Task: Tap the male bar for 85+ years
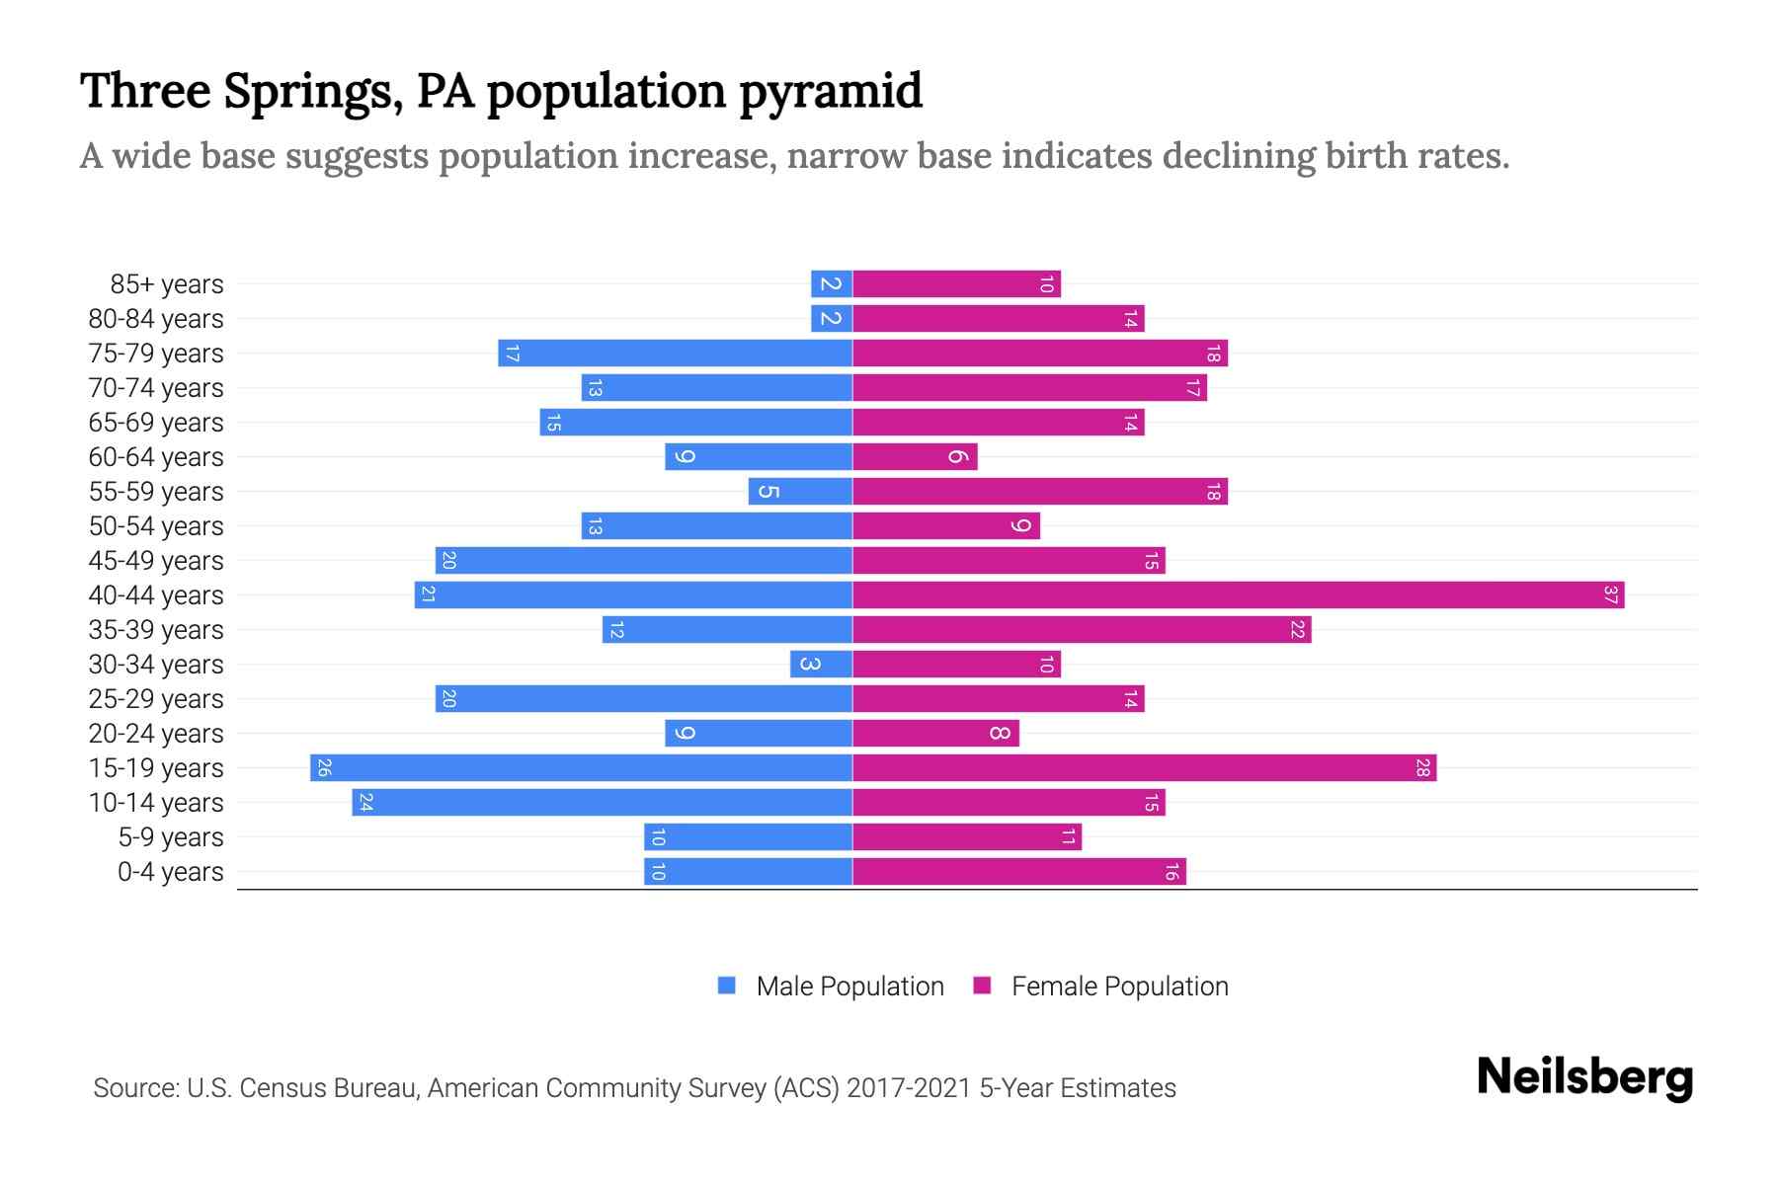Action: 831,284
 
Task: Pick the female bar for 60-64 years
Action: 914,457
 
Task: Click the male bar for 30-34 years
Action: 820,665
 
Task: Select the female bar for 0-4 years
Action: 1017,872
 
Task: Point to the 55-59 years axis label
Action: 156,492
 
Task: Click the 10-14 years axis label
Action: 156,803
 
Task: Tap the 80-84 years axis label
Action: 156,319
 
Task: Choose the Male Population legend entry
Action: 849,987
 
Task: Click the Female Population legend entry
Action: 1119,987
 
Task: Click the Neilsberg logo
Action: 1584,1076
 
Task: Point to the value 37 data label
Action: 1610,595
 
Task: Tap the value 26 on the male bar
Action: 323,768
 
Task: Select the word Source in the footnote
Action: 135,1088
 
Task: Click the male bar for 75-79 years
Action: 675,354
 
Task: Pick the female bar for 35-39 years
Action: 1081,630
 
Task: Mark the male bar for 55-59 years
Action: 800,492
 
